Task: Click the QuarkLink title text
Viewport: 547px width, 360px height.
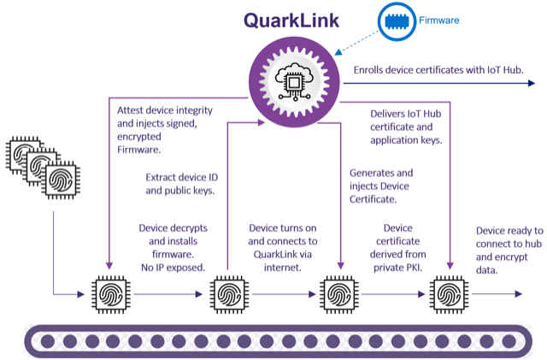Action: point(291,21)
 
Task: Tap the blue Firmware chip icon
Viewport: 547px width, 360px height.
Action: point(397,21)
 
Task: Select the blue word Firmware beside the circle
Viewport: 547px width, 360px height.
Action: point(438,21)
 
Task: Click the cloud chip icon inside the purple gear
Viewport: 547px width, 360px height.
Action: point(294,82)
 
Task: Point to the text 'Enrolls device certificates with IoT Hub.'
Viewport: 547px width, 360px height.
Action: point(438,70)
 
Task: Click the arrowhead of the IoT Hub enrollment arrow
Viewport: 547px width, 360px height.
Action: point(532,83)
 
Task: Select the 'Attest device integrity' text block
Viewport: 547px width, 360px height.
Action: point(165,130)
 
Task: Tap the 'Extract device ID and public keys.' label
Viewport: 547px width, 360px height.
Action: point(182,184)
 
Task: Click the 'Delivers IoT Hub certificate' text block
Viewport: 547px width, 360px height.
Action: point(406,127)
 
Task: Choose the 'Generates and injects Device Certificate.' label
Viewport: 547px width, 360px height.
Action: point(381,186)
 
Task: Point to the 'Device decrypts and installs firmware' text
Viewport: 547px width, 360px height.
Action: point(173,248)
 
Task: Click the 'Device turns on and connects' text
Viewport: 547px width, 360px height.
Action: point(283,248)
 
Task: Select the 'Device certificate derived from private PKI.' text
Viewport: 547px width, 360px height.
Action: point(398,248)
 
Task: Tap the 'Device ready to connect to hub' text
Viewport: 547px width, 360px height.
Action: point(509,250)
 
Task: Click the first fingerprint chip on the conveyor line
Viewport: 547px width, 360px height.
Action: point(111,294)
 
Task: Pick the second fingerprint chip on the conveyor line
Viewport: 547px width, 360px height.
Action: point(229,294)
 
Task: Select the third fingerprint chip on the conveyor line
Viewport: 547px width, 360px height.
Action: point(339,294)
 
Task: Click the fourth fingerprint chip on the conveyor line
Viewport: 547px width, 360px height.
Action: point(449,294)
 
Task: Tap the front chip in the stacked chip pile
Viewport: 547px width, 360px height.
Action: point(61,180)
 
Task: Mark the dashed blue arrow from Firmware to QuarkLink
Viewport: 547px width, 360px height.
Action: point(356,43)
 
